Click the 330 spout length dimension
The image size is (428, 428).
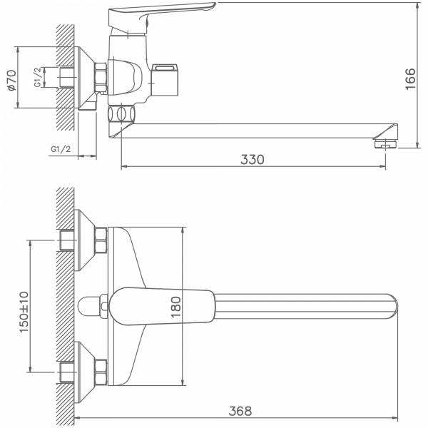(252, 159)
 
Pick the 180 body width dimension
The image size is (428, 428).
(177, 306)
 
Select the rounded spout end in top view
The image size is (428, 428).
(389, 307)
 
